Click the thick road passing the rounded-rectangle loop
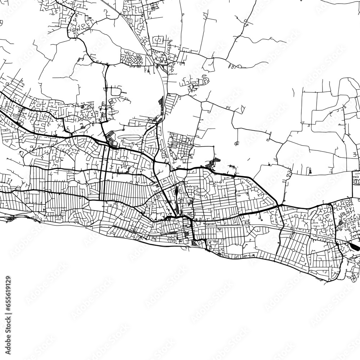coord(107,94)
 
